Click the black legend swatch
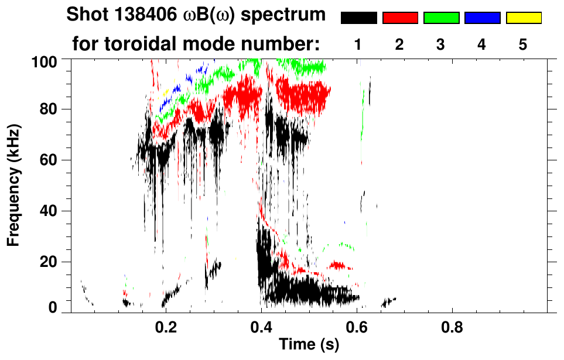[x=359, y=18]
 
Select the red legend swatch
[x=400, y=18]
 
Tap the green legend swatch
[x=441, y=18]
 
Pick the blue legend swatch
[x=482, y=18]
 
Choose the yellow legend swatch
[x=523, y=18]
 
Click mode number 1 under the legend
[x=358, y=44]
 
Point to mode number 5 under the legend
[x=522, y=44]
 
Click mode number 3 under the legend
[x=440, y=44]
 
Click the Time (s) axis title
[x=309, y=345]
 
